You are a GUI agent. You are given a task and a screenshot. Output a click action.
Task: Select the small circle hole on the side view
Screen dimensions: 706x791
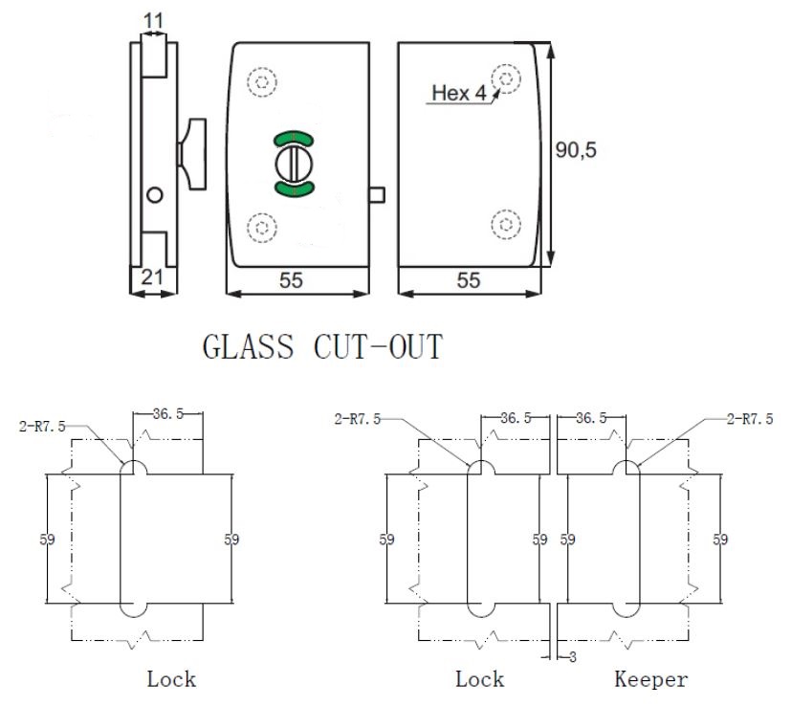point(153,195)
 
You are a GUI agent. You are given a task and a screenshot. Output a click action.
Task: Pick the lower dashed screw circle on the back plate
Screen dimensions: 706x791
point(505,224)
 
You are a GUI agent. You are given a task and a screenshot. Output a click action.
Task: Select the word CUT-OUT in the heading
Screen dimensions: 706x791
point(379,346)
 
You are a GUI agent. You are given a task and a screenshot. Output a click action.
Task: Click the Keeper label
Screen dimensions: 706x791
point(650,679)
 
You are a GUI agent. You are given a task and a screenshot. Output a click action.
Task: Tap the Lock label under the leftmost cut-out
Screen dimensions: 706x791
point(171,679)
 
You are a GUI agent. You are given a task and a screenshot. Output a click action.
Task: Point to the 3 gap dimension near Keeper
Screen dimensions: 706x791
point(571,656)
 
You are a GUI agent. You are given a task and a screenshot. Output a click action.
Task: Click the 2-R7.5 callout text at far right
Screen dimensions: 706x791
point(749,419)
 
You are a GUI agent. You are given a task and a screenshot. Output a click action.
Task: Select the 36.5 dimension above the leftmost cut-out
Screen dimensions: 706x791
point(169,414)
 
